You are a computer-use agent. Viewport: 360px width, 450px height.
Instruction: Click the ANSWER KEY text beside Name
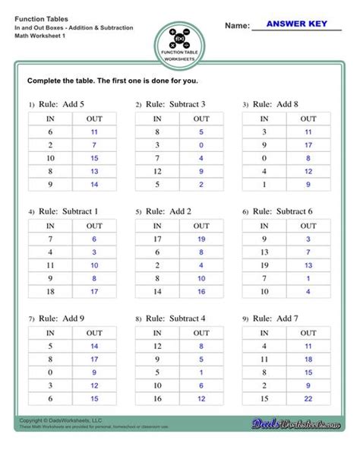(296, 24)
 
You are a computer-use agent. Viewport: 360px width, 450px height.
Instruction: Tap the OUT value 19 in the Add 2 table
(201, 239)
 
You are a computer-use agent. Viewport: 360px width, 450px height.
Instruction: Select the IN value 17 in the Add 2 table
(156, 239)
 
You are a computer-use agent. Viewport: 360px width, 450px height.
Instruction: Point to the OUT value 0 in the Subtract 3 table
(201, 145)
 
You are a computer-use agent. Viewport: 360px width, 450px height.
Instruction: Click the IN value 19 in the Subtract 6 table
(264, 265)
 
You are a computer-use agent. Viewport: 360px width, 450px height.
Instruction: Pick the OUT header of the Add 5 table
(94, 119)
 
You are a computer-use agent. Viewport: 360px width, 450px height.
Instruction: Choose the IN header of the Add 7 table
(264, 333)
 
